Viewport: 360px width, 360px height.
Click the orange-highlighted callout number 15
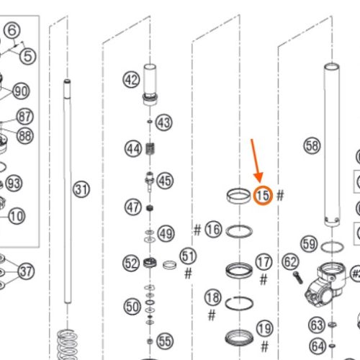(x=263, y=196)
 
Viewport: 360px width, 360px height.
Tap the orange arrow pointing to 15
(x=256, y=161)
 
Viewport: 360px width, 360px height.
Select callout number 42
(x=131, y=80)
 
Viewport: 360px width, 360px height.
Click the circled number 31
(x=81, y=189)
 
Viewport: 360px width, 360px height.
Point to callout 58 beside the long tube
(x=312, y=146)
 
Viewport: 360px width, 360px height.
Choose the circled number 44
(x=133, y=149)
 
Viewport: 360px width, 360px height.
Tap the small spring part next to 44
(x=150, y=149)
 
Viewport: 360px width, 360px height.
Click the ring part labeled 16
(x=239, y=231)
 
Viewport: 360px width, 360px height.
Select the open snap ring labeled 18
(x=239, y=303)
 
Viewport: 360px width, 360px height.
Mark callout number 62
(x=290, y=262)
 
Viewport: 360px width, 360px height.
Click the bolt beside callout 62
(x=298, y=278)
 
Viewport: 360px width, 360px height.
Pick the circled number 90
(x=21, y=91)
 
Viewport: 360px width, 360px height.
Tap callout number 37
(x=26, y=271)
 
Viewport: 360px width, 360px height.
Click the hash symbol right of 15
(x=280, y=195)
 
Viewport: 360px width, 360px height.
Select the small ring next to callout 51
(x=169, y=265)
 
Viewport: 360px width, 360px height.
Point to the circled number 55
(x=165, y=341)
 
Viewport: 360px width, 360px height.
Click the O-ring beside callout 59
(x=332, y=247)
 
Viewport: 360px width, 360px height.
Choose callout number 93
(x=14, y=184)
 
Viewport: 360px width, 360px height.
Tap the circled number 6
(x=12, y=30)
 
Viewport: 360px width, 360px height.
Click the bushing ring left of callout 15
(x=238, y=196)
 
